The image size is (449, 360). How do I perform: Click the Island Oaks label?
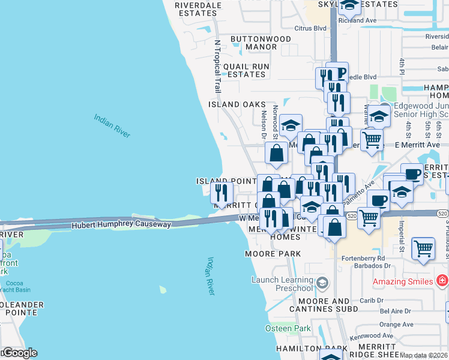(x=237, y=104)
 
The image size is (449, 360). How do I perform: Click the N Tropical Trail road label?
(x=218, y=66)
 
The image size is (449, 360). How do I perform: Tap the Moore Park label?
(x=273, y=254)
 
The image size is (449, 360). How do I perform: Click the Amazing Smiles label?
(x=403, y=281)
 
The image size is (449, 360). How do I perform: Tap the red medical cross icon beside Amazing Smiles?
(x=442, y=281)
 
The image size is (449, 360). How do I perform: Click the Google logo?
(x=19, y=353)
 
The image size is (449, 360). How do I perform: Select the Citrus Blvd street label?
(x=310, y=28)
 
